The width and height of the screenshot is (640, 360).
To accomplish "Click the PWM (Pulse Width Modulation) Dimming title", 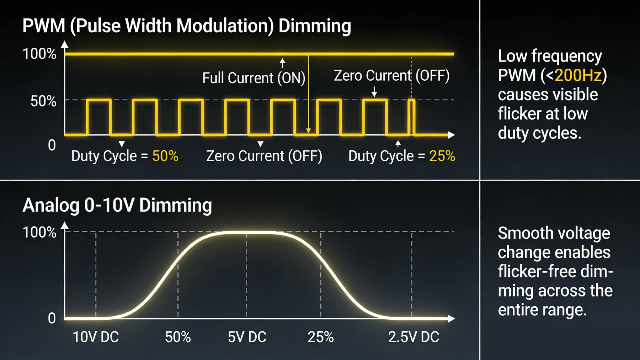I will [x=186, y=26].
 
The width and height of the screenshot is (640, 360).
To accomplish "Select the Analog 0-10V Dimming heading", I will [x=117, y=205].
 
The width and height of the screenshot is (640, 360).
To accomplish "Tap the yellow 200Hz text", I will [x=578, y=75].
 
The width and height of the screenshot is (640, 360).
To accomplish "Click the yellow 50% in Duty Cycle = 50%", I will [x=165, y=156].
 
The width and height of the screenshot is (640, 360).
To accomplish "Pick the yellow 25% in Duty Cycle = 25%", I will [x=442, y=156].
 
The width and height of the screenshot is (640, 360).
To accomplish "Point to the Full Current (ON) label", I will [x=254, y=78].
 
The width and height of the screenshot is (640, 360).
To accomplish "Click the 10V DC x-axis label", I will [x=96, y=337].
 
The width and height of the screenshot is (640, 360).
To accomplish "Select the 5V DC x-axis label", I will [x=247, y=337].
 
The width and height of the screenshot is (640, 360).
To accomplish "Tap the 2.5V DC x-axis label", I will [x=414, y=337].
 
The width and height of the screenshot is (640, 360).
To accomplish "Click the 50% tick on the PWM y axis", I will [x=43, y=101].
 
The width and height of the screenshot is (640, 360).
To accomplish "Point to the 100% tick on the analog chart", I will [x=39, y=232].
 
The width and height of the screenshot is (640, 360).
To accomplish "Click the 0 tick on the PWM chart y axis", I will [x=52, y=145].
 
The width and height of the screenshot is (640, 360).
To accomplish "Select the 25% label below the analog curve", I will [x=320, y=337].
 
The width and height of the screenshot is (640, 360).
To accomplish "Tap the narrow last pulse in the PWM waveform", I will [x=411, y=117].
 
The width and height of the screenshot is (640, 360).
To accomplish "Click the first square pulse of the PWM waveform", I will [x=99, y=117].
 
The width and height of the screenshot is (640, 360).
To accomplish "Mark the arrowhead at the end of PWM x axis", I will [x=451, y=135].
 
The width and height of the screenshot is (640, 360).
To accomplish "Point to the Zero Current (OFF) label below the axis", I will [x=264, y=156].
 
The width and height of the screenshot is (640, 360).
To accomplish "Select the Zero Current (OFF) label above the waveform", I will [x=391, y=76].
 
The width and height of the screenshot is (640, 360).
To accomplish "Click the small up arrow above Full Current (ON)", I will [x=282, y=63].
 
